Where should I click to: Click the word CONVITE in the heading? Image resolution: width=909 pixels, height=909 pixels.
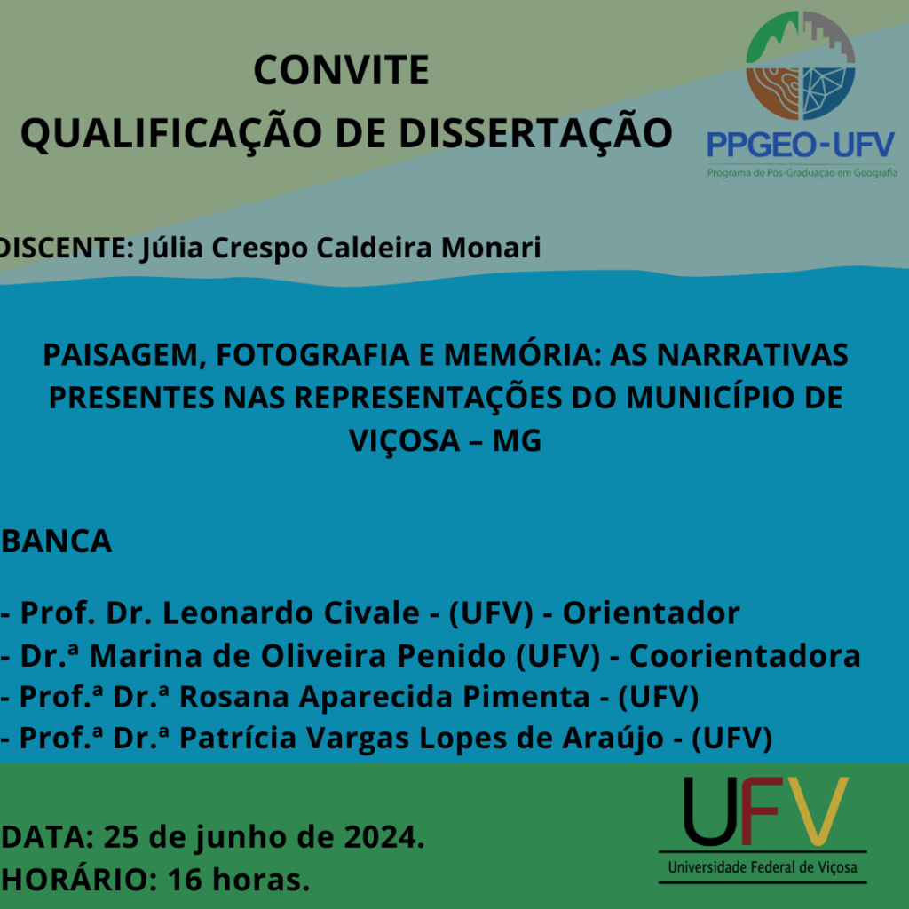341,70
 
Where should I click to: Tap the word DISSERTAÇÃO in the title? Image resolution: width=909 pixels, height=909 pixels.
535,134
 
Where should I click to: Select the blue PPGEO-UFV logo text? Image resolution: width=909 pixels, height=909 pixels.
802,145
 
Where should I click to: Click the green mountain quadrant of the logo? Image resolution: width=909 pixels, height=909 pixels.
772,41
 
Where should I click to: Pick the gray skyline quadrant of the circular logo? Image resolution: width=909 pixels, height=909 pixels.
826,38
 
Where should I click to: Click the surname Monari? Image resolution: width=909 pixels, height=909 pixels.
491,248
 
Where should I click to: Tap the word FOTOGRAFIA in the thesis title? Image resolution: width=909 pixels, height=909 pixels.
313,355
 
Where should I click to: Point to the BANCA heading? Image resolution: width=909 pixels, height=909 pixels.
56,541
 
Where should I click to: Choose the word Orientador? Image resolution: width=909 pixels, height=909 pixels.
651,613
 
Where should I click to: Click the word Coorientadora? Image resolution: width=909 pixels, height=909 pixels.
745,656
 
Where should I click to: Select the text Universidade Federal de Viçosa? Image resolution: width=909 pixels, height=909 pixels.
763,868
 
